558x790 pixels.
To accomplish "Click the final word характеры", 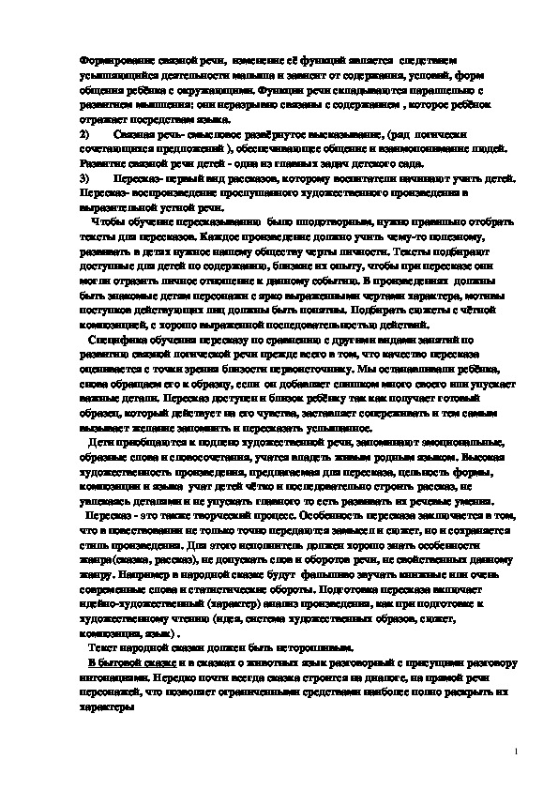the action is pos(106,709).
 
